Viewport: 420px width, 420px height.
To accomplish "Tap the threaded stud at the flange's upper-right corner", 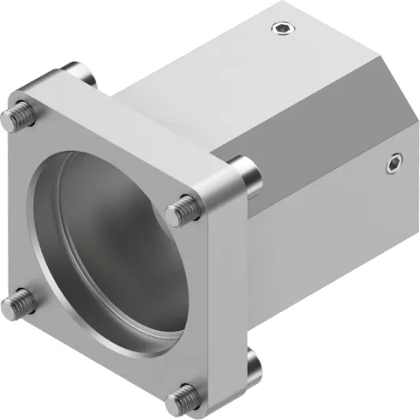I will coord(182,206).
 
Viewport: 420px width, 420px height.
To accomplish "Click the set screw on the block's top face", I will coord(283,31).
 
